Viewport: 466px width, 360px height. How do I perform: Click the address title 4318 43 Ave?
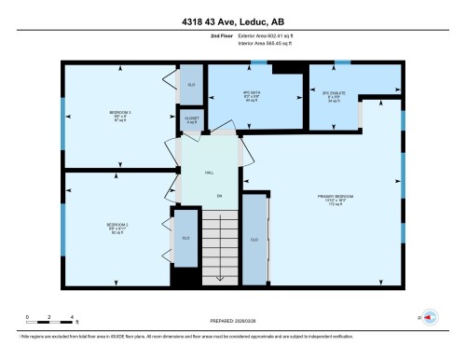click(x=233, y=13)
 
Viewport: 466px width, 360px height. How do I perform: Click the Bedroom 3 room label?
click(x=121, y=116)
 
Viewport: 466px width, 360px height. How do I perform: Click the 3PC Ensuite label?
click(x=334, y=95)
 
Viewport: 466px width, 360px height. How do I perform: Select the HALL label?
click(x=210, y=173)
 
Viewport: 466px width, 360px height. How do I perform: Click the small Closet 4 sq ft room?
click(x=190, y=119)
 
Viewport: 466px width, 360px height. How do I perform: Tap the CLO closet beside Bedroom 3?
click(x=191, y=84)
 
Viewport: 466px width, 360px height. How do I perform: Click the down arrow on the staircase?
click(x=220, y=276)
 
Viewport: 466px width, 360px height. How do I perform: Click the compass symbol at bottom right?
click(x=430, y=318)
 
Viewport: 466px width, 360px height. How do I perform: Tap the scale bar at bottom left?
click(x=50, y=318)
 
